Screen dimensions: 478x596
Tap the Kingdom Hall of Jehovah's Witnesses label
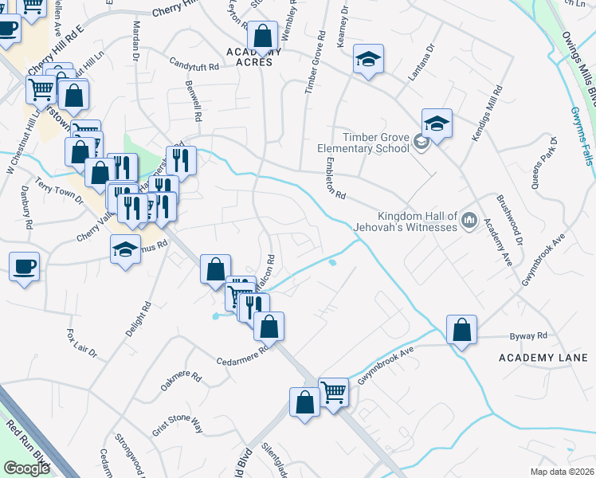pos(418,221)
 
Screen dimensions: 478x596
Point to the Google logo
pos(25,468)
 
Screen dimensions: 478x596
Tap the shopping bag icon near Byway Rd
pos(461,329)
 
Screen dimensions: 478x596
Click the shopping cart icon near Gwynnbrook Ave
pos(333,391)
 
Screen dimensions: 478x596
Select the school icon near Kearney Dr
pos(367,61)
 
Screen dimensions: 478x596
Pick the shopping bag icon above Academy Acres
pos(261,35)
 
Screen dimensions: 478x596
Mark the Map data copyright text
pos(563,472)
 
